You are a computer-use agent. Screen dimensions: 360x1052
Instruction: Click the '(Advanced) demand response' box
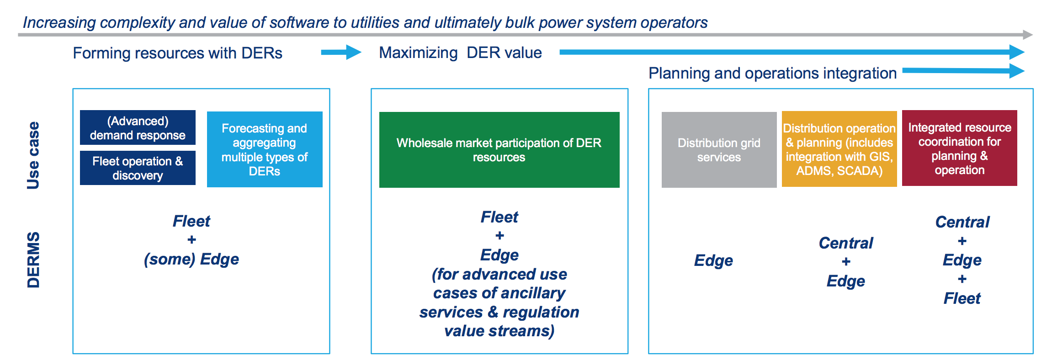[x=138, y=127]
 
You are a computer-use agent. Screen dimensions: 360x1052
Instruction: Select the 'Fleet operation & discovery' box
[x=138, y=168]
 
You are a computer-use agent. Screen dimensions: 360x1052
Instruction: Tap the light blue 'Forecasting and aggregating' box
[x=265, y=149]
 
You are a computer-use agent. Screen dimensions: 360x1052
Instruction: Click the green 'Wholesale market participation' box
[x=499, y=149]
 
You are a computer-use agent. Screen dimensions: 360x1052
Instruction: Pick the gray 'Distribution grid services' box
[x=719, y=149]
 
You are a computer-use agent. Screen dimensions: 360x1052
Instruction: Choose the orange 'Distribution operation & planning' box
[x=839, y=149]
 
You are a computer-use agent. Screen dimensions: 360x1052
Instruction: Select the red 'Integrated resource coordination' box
[x=959, y=148]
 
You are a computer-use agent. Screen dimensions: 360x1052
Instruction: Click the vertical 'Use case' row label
[x=33, y=155]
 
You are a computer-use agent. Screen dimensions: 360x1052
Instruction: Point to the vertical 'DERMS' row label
[x=33, y=259]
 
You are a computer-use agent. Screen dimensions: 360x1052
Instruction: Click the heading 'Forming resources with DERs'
[x=177, y=53]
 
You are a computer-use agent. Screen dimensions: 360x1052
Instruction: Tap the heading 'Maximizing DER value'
[x=460, y=53]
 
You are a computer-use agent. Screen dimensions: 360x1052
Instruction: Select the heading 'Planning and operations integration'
[x=772, y=73]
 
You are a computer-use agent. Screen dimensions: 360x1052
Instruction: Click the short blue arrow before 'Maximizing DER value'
[x=340, y=52]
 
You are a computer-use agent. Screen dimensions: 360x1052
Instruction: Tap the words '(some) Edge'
[x=191, y=259]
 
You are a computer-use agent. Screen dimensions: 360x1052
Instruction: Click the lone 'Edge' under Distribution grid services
[x=713, y=260]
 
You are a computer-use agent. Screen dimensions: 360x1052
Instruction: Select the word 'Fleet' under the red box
[x=962, y=298]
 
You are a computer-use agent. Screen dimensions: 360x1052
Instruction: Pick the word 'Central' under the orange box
[x=845, y=243]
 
